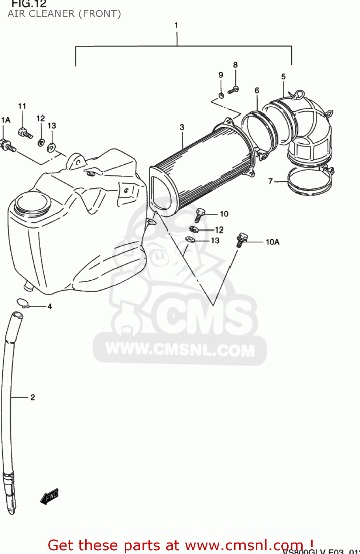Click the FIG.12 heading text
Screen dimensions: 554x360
29,4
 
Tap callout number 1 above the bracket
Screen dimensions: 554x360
176,25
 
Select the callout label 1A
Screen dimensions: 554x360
6,120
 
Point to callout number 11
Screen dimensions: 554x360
22,106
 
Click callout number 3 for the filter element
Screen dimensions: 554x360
182,127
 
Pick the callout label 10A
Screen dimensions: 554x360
272,242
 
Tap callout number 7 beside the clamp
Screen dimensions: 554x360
271,181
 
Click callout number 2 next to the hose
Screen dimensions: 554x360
33,397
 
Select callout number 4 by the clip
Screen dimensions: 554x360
49,307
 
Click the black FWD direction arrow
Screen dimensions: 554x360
49,497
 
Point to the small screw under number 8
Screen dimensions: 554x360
233,89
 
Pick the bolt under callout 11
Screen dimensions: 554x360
25,133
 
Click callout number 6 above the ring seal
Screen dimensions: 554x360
257,90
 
